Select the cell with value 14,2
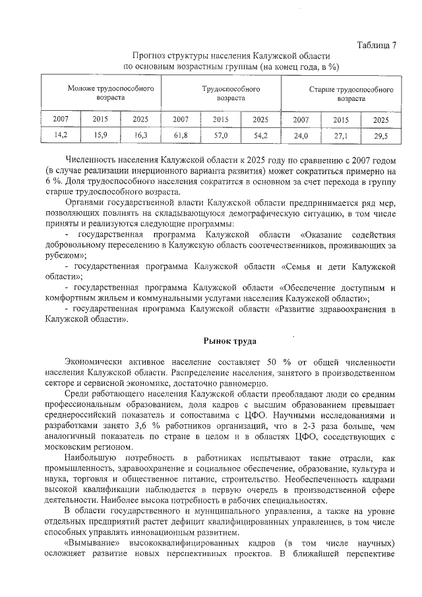(61, 136)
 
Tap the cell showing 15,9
(100, 136)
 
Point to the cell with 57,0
(220, 136)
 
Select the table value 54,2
(260, 136)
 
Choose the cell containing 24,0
(301, 137)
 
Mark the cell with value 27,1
(340, 137)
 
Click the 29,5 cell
(380, 137)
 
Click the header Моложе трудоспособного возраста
(101, 93)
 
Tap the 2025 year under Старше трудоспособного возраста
(380, 120)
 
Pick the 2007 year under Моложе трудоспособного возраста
(61, 119)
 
